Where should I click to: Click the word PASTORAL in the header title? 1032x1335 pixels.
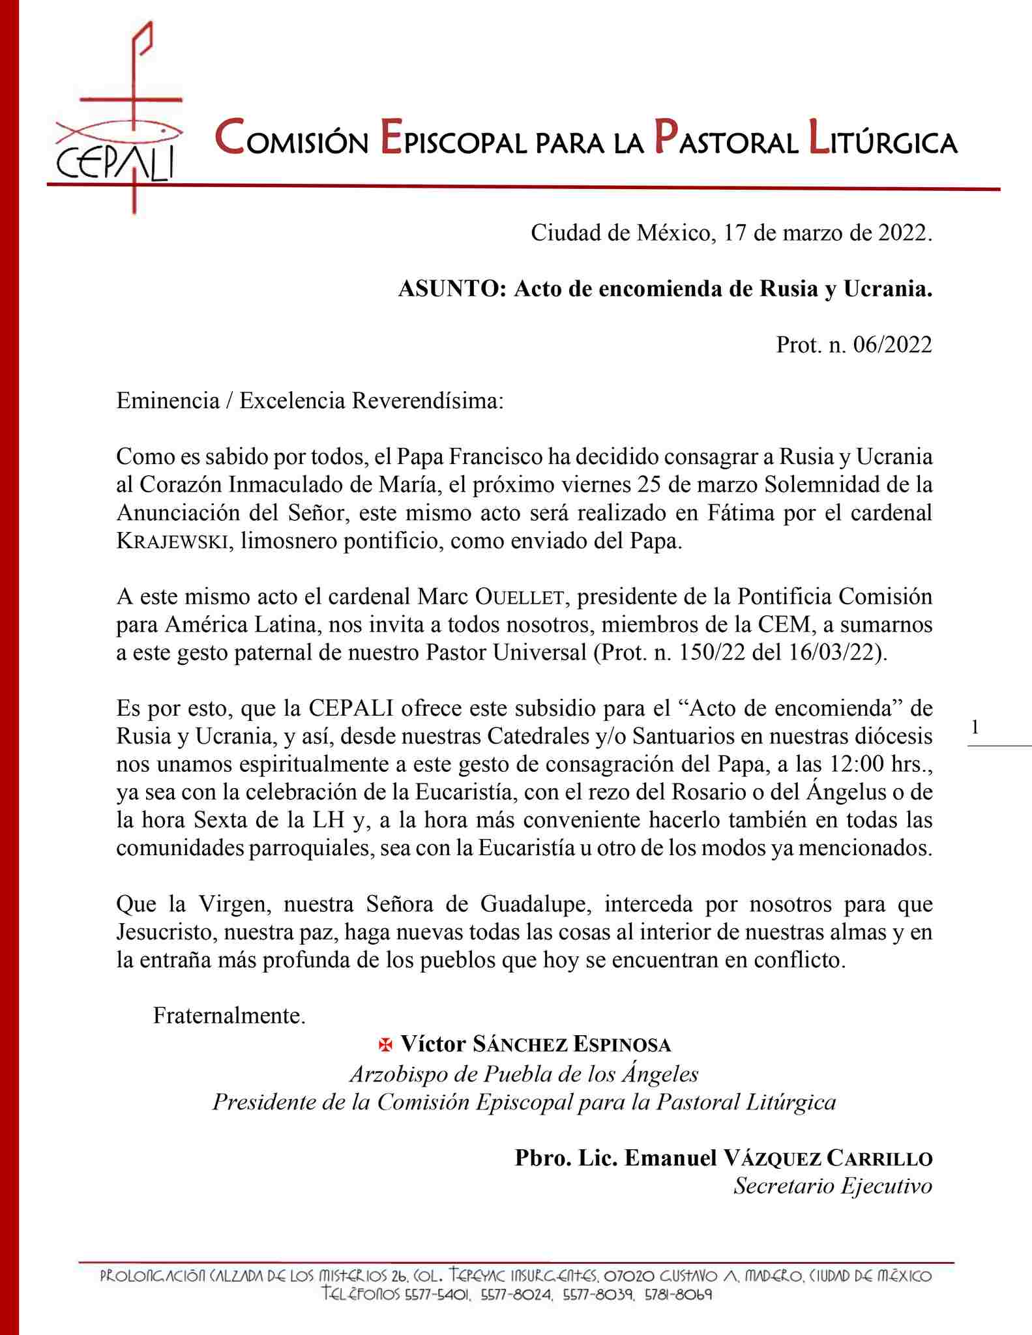726,140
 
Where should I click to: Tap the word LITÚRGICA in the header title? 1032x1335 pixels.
882,140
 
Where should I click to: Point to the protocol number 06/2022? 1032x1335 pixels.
892,344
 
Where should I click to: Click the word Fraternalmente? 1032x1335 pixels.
229,1016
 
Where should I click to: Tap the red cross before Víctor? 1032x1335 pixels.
386,1045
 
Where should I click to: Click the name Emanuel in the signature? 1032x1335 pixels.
670,1158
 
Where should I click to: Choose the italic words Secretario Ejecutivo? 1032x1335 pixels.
833,1186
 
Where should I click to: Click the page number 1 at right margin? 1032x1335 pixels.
975,727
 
